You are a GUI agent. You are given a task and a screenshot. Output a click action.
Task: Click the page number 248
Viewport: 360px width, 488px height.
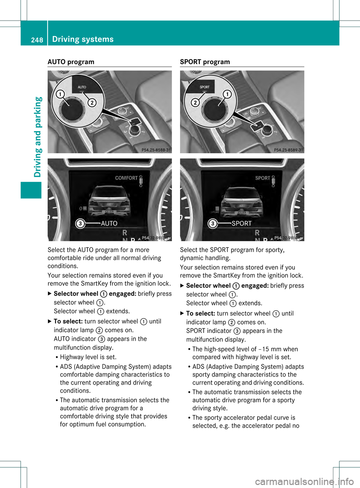coord(37,40)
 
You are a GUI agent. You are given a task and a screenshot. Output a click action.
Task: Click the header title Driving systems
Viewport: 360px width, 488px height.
coord(83,39)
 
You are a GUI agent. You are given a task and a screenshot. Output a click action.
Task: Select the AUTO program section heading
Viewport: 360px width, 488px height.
coord(71,62)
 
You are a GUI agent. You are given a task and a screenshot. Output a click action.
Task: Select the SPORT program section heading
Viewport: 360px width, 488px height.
coord(205,62)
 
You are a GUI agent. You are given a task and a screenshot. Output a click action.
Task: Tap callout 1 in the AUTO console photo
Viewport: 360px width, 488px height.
coord(60,94)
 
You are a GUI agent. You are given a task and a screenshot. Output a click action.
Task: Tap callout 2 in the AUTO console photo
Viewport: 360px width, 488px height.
coord(92,102)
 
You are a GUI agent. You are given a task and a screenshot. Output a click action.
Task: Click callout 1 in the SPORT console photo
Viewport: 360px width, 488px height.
coord(227,94)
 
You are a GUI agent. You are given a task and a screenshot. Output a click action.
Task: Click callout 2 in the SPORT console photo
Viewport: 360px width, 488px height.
coord(195,102)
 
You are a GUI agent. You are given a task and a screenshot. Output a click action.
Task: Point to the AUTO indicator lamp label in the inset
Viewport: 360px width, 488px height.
coord(82,87)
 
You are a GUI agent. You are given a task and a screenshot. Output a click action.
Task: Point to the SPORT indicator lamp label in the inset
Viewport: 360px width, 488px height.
coord(204,87)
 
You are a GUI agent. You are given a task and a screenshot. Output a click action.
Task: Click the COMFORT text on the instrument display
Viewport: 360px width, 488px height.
coord(126,178)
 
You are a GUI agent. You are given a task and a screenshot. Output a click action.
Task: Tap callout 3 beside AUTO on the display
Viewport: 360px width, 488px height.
coord(80,224)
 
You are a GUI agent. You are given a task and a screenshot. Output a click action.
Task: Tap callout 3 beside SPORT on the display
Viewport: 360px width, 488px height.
coord(213,224)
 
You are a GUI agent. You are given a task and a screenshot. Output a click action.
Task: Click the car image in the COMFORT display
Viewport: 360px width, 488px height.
coord(109,201)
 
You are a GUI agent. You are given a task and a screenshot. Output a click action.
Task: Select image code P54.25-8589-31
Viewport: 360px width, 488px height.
coord(288,150)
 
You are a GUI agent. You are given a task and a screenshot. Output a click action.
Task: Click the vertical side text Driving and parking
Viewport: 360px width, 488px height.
coord(38,137)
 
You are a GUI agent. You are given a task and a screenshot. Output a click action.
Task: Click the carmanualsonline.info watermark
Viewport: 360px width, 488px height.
coord(304,481)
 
